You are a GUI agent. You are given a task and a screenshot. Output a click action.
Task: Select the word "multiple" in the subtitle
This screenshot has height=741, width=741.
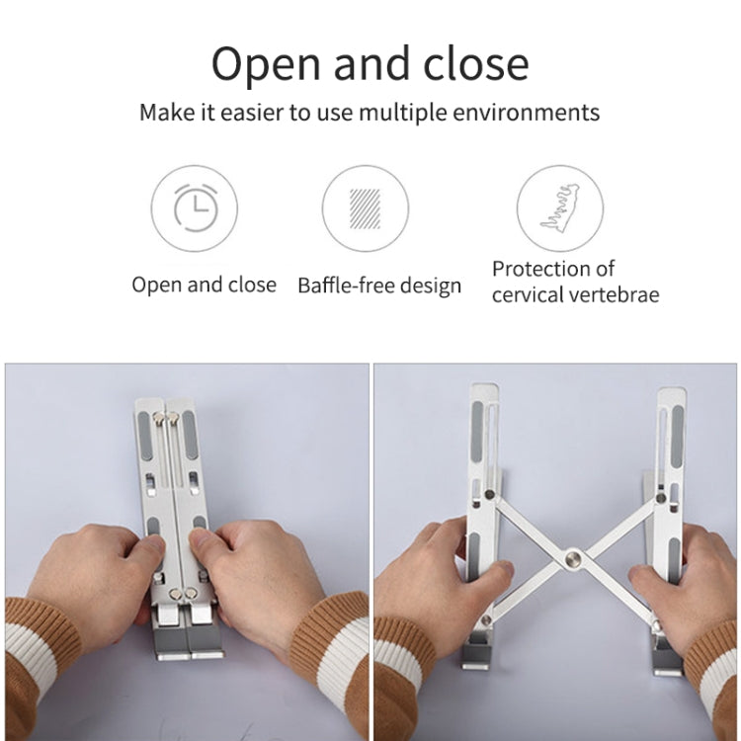[403, 112]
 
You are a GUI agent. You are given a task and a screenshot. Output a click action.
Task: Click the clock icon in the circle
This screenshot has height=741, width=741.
[195, 208]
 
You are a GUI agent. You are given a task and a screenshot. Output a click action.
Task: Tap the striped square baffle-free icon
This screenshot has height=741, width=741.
[366, 208]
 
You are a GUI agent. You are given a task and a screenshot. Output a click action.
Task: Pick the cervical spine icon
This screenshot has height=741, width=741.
[559, 208]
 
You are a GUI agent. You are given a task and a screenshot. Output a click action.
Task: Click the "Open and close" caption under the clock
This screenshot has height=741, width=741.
[204, 285]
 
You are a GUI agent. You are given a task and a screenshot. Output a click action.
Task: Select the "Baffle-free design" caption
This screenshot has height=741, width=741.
[379, 286]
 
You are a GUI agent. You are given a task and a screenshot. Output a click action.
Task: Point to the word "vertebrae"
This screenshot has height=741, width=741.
[613, 293]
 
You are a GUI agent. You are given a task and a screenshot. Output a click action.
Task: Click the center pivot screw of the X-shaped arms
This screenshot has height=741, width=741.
[570, 560]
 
